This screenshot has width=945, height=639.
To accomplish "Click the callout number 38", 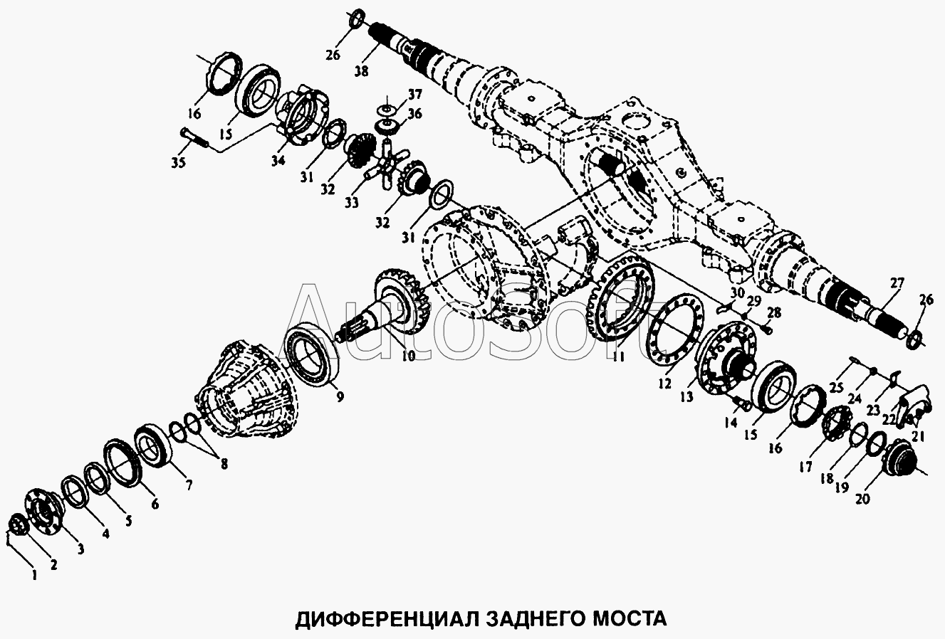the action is (x=362, y=71).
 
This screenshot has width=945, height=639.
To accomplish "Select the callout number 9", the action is (x=340, y=397).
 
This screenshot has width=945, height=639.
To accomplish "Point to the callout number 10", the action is (x=408, y=357).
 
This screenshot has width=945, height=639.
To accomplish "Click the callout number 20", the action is (x=862, y=499).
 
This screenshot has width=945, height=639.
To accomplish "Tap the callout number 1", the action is (x=35, y=575).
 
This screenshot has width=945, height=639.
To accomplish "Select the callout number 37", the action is (x=414, y=95).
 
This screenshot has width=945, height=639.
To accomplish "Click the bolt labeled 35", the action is (x=194, y=138).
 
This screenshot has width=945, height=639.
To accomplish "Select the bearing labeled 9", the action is (x=310, y=359).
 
